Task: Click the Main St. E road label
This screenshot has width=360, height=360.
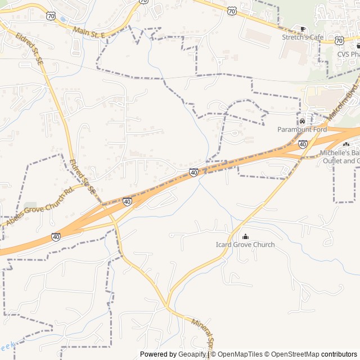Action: click(89, 31)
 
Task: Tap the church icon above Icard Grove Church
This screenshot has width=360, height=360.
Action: click(245, 236)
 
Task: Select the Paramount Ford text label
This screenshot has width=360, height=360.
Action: click(302, 129)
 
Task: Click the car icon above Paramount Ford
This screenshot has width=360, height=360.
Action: click(302, 121)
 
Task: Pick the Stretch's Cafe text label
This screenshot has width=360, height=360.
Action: click(303, 37)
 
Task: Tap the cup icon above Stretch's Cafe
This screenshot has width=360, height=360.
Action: click(303, 29)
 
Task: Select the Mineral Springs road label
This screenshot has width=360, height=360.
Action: click(203, 335)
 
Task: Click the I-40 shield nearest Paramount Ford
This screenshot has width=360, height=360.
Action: click(303, 145)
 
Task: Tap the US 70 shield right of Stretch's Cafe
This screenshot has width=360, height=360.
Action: click(339, 40)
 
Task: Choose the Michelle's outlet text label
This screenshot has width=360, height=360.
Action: click(340, 157)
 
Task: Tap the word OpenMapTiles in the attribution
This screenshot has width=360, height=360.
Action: click(240, 354)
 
